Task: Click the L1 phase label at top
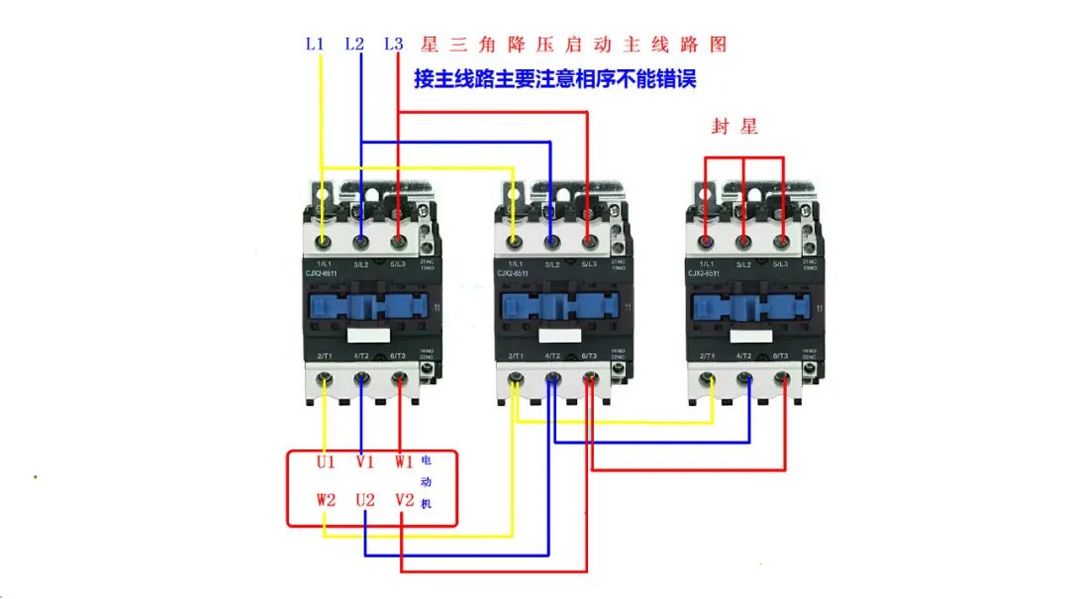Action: coord(315,45)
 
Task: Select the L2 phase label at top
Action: coord(354,45)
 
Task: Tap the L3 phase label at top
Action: coord(393,45)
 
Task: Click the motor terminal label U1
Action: coord(327,462)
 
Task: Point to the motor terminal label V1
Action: coord(365,462)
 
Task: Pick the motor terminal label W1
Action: coord(403,462)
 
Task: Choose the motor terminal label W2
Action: coord(327,500)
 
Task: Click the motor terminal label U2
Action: coord(365,500)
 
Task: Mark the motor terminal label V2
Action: coord(403,500)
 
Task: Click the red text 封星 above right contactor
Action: coord(734,127)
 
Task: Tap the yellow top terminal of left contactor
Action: coord(323,241)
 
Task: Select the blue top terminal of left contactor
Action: coord(361,241)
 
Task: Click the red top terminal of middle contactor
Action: coord(589,241)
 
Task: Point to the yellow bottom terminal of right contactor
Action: coord(707,378)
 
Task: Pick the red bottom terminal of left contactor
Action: coord(399,377)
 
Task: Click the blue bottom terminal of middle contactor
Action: coord(552,378)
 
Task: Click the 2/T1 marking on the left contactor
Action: coord(323,355)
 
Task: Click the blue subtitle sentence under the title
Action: coord(554,79)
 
